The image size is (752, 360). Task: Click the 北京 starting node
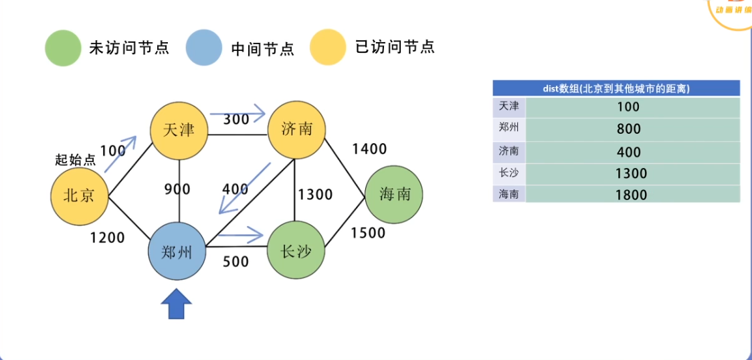click(x=80, y=195)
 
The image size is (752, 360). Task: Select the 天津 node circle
click(x=178, y=130)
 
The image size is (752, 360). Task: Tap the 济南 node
click(x=296, y=130)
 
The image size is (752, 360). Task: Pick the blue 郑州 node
click(x=177, y=251)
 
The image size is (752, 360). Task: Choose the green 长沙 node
click(x=296, y=251)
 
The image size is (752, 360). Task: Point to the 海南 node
click(x=394, y=195)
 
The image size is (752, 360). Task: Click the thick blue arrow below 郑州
click(x=177, y=304)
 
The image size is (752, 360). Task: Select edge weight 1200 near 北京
click(x=107, y=237)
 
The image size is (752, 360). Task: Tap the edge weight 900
click(x=177, y=189)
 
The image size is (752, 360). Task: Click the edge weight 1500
click(x=368, y=233)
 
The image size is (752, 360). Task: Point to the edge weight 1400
click(x=369, y=149)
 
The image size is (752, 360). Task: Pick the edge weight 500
click(x=236, y=262)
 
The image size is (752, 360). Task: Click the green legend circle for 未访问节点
click(x=63, y=48)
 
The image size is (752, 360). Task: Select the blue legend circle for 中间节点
click(x=204, y=48)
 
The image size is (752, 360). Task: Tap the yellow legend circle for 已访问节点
click(x=328, y=48)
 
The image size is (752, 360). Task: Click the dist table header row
click(x=616, y=88)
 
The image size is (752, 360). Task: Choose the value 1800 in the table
click(x=632, y=195)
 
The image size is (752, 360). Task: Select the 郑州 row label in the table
click(x=508, y=128)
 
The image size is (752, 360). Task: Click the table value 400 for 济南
click(x=629, y=152)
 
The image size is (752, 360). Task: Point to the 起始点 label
click(x=75, y=160)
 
